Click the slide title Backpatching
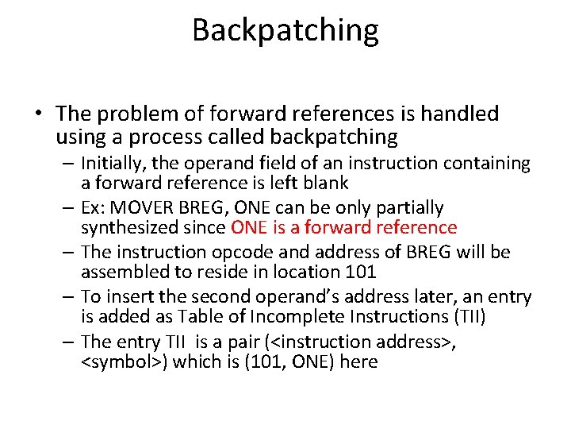(285, 31)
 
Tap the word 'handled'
(459, 114)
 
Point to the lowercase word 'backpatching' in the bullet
(335, 137)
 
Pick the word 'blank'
(323, 184)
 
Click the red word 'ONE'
(249, 228)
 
